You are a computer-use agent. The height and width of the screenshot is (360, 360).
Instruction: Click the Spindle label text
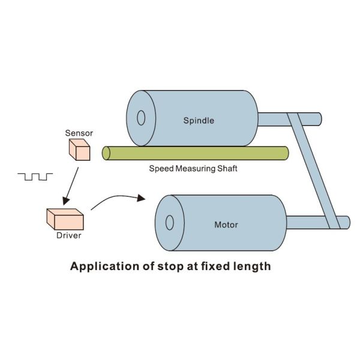198,121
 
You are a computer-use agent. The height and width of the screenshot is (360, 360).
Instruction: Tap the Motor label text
226,225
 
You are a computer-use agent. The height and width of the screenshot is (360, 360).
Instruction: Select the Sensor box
79,149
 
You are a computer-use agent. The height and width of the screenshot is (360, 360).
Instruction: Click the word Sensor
79,132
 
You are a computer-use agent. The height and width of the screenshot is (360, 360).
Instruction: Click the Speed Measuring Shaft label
193,169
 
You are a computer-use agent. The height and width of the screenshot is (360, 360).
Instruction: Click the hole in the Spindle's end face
141,117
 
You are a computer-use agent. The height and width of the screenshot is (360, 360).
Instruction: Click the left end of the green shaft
106,154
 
